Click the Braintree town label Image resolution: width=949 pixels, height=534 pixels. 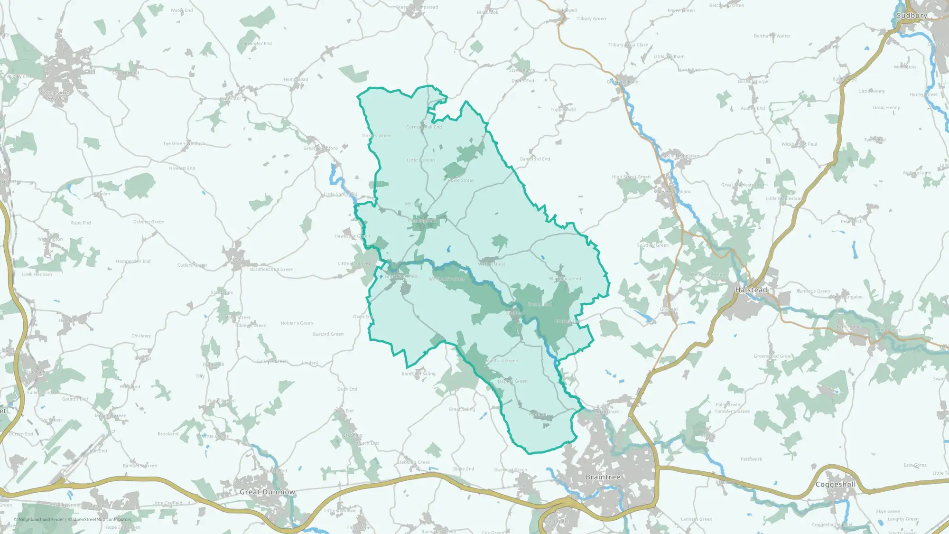tap(603, 477)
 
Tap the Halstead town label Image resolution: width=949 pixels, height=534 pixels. tap(751, 290)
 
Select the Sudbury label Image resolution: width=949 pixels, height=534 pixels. tap(912, 16)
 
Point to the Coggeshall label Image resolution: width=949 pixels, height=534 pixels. tap(835, 485)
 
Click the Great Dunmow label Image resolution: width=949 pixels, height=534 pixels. tap(267, 492)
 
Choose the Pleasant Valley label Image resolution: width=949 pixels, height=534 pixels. tap(56, 95)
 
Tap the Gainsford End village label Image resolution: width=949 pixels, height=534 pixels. tap(535, 159)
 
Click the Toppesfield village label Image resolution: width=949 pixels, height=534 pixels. tap(563, 110)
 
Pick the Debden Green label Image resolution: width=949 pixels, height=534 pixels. tap(149, 222)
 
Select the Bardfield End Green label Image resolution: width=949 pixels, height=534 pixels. tap(271, 270)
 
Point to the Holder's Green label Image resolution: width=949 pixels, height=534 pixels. tap(297, 323)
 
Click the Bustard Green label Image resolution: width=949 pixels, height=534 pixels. tap(328, 334)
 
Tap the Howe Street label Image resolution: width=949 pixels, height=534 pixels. tap(461, 180)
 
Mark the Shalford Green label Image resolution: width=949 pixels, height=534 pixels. tap(502, 361)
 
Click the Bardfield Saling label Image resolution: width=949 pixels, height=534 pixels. tap(418, 374)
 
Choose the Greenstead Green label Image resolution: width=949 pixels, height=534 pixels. tap(773, 356)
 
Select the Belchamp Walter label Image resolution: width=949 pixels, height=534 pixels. tap(772, 36)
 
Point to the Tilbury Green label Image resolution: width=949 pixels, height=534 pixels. tap(591, 19)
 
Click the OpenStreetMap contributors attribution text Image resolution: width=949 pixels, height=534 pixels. tap(102, 519)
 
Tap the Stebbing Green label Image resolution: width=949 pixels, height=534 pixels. tap(414, 462)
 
